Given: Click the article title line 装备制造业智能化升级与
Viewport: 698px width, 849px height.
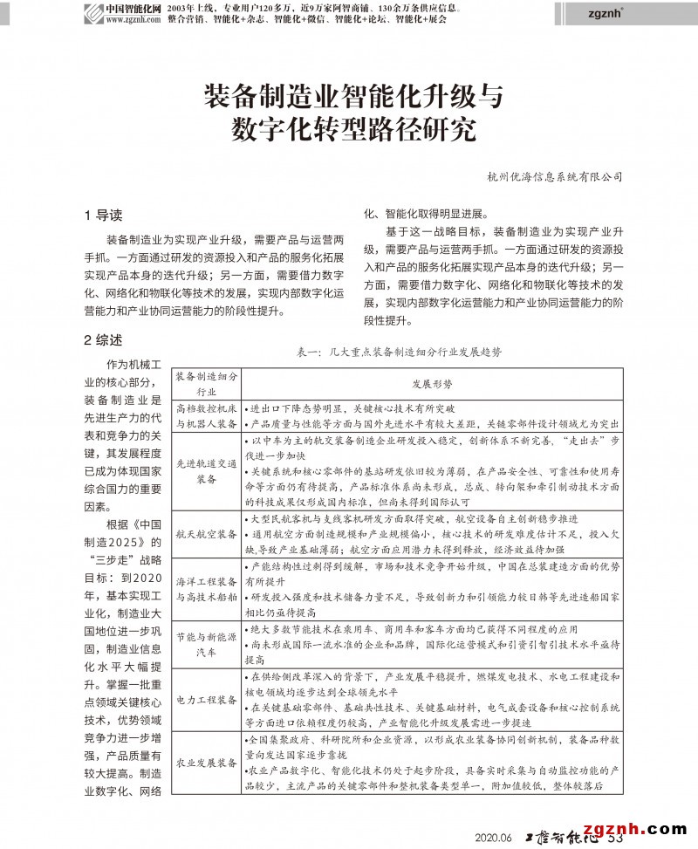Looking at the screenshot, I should (353, 96).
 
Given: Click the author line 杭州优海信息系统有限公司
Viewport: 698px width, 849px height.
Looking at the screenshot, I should (554, 176).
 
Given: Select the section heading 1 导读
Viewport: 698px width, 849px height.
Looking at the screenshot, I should (103, 215).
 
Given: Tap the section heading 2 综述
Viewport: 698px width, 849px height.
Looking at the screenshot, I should (103, 339).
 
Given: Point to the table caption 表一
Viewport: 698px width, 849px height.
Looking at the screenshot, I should (399, 352).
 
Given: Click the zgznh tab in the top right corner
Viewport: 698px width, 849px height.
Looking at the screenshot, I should (609, 13).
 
